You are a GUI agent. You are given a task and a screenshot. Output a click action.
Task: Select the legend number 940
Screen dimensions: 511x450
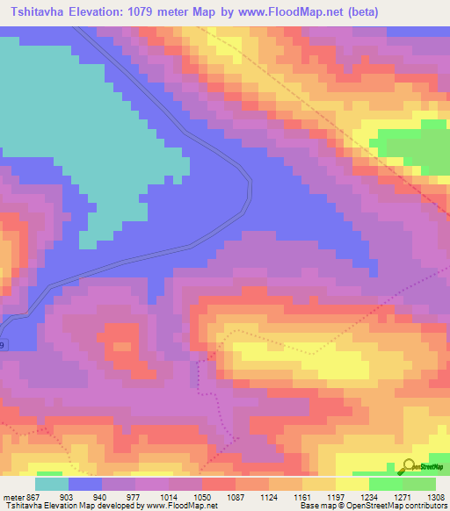(x=101, y=498)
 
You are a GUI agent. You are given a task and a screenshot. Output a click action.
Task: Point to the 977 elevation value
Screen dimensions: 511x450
(x=134, y=498)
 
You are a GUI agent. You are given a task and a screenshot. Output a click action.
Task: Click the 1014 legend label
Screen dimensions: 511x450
(x=167, y=498)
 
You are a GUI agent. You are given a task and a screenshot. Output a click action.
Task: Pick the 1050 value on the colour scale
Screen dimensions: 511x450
(x=201, y=498)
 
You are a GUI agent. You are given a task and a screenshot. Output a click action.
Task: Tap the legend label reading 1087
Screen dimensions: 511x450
(x=235, y=498)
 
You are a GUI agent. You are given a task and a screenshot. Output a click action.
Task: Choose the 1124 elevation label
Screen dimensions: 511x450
(x=268, y=498)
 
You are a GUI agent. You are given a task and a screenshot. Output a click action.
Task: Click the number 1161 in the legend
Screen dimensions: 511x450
(x=301, y=498)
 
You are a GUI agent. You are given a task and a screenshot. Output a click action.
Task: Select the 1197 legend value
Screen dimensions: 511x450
(x=335, y=498)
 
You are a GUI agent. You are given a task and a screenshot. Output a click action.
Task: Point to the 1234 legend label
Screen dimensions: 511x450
(x=368, y=498)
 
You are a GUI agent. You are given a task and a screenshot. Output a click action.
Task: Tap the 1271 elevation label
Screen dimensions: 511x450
(x=402, y=498)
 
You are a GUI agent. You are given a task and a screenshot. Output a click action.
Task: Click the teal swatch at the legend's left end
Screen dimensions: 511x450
(x=52, y=484)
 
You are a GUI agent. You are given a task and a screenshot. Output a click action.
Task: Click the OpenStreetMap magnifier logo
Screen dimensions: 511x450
(x=408, y=466)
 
